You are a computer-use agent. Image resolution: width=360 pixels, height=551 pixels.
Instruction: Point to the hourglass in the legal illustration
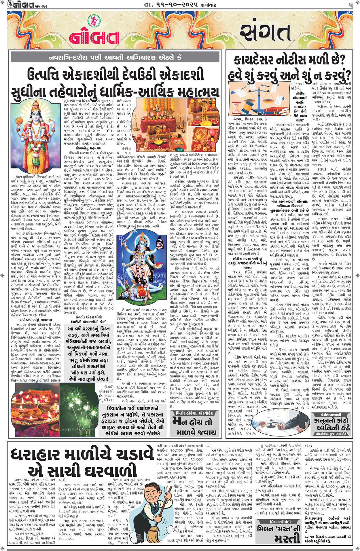[x=239, y=107]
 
